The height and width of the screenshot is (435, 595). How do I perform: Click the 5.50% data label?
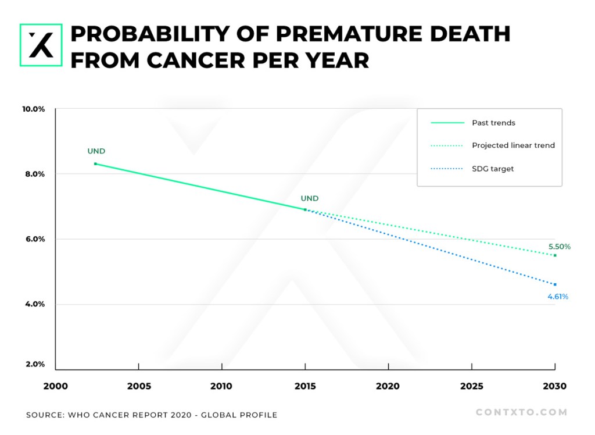560,247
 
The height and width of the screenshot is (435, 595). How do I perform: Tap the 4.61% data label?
558,297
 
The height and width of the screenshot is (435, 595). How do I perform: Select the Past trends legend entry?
493,123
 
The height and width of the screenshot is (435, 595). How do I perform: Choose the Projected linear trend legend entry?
513,145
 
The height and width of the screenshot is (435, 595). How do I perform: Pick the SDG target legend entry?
493,169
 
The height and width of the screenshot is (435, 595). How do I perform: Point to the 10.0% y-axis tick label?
34,109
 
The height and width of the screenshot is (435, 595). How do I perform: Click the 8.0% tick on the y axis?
35,174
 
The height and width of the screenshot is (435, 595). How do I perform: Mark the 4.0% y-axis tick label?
35,304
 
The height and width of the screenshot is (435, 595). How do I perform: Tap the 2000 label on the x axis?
56,386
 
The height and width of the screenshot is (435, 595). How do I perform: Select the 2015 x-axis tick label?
305,386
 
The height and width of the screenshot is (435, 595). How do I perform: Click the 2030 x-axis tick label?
554,386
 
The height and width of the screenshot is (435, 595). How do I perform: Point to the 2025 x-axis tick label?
471,386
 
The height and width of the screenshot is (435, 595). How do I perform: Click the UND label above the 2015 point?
310,198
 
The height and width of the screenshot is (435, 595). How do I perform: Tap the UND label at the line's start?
96,151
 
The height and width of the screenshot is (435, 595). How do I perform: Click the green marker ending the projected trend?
555,255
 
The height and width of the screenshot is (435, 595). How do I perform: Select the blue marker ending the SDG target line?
555,284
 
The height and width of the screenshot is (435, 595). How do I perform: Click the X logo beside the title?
41,45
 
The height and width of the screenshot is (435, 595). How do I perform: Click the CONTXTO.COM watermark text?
521,412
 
